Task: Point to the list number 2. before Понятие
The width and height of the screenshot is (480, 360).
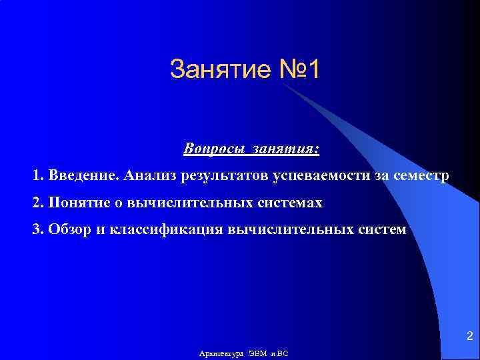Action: coord(37,202)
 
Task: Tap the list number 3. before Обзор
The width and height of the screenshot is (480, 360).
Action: coord(37,229)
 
